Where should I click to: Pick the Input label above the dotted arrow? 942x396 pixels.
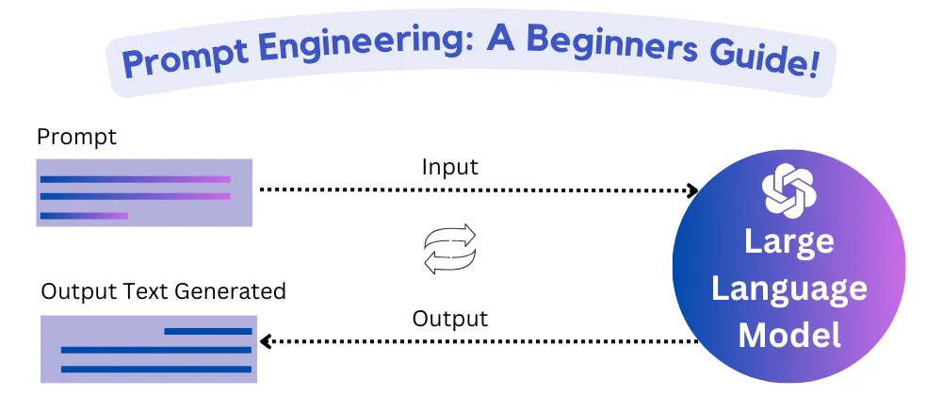pos(450,167)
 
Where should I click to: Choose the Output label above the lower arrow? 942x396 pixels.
pos(450,319)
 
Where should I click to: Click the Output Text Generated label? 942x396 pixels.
pos(163,291)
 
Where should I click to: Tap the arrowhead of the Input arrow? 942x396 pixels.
pos(692,190)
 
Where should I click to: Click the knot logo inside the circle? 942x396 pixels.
pos(789,190)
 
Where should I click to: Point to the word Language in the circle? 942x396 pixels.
pos(788,290)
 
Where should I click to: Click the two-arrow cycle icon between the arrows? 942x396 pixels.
pos(450,249)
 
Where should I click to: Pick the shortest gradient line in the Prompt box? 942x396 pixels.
pos(84,216)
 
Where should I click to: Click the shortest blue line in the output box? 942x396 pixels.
pos(208,331)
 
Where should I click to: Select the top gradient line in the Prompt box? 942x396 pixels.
pos(135,179)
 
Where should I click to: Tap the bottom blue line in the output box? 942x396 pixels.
pos(156,369)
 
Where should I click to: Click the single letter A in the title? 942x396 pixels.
pos(501,40)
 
